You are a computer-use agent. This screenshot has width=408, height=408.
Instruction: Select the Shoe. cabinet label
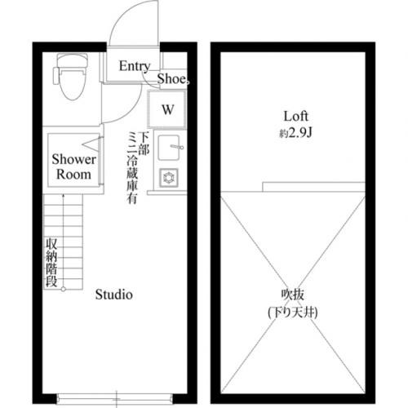click(172, 80)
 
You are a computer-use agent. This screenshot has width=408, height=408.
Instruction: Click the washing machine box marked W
click(166, 109)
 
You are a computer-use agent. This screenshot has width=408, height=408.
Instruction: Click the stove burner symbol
click(170, 176)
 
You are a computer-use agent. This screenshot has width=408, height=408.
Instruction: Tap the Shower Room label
click(74, 166)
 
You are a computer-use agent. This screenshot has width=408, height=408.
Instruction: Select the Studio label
click(113, 295)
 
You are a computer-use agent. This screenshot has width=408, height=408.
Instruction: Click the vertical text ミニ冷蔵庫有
click(131, 167)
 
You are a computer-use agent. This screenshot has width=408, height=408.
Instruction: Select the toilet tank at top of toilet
click(66, 61)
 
